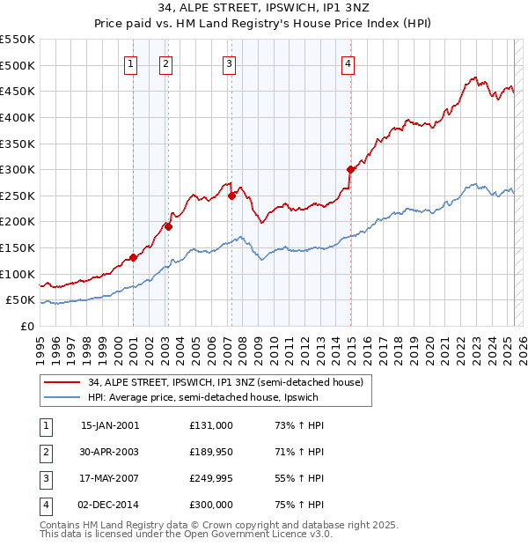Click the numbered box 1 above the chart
(x=130, y=63)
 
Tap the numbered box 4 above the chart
(x=348, y=63)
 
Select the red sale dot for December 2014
(x=350, y=169)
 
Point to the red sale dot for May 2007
(x=231, y=196)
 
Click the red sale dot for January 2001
(x=133, y=257)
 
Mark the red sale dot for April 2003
(x=168, y=226)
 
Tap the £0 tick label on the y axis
(x=27, y=326)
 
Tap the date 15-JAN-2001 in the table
(x=110, y=425)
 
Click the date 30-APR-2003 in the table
(x=110, y=452)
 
